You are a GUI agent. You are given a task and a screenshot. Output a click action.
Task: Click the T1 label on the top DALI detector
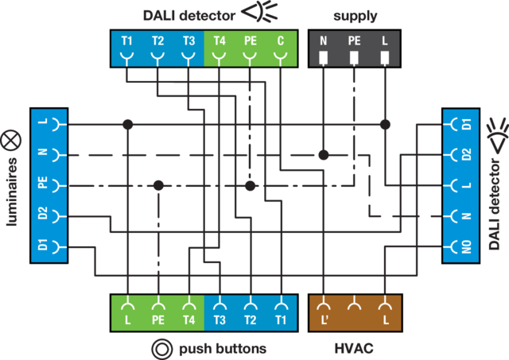(x=126, y=41)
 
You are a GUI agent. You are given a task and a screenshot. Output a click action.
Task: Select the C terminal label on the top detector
(x=281, y=41)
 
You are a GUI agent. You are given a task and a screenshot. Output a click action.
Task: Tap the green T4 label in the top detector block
(x=220, y=41)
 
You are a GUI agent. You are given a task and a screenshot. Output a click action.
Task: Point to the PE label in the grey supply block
(x=354, y=41)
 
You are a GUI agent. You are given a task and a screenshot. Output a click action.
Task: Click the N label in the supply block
(x=324, y=41)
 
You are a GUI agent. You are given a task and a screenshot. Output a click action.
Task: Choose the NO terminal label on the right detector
(x=467, y=247)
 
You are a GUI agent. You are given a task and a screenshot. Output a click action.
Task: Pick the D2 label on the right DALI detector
(x=467, y=154)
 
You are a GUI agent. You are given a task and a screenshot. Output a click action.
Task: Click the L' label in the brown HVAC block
(x=324, y=320)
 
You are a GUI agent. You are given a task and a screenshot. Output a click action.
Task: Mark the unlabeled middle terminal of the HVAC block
(x=354, y=306)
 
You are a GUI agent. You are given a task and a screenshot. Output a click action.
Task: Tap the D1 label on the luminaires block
(x=43, y=245)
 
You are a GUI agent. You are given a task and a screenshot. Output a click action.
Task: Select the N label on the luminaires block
(x=43, y=152)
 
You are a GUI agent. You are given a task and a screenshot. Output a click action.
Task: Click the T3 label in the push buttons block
(x=220, y=320)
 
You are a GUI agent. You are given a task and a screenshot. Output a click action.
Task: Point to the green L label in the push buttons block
(x=127, y=320)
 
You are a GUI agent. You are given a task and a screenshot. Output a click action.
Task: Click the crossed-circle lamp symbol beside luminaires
(x=10, y=141)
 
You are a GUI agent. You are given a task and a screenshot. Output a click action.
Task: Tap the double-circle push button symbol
(x=161, y=350)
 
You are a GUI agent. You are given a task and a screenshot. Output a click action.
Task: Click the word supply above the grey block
(x=356, y=16)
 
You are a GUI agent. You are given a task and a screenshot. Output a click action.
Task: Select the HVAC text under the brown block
(x=354, y=349)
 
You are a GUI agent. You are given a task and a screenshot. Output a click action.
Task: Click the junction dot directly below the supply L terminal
(x=385, y=124)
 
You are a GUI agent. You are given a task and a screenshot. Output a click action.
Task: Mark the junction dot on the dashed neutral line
(x=324, y=155)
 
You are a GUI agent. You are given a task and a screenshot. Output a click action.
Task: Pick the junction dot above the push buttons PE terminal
(x=158, y=185)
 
